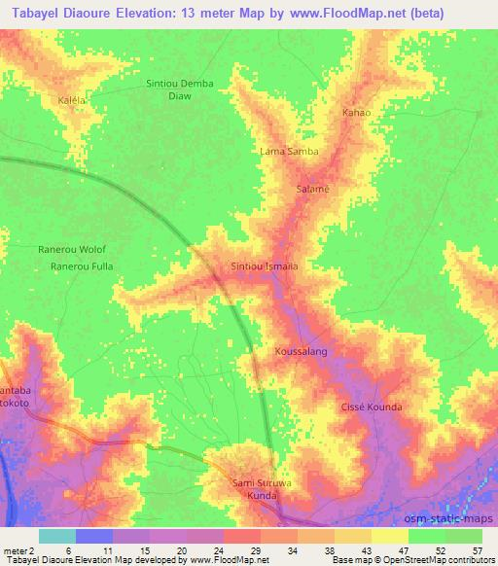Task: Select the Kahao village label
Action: (x=356, y=114)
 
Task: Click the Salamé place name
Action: (x=312, y=189)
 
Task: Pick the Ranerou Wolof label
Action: (x=70, y=249)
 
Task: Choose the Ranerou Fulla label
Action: (x=83, y=265)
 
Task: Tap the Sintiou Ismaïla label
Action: (x=263, y=265)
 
